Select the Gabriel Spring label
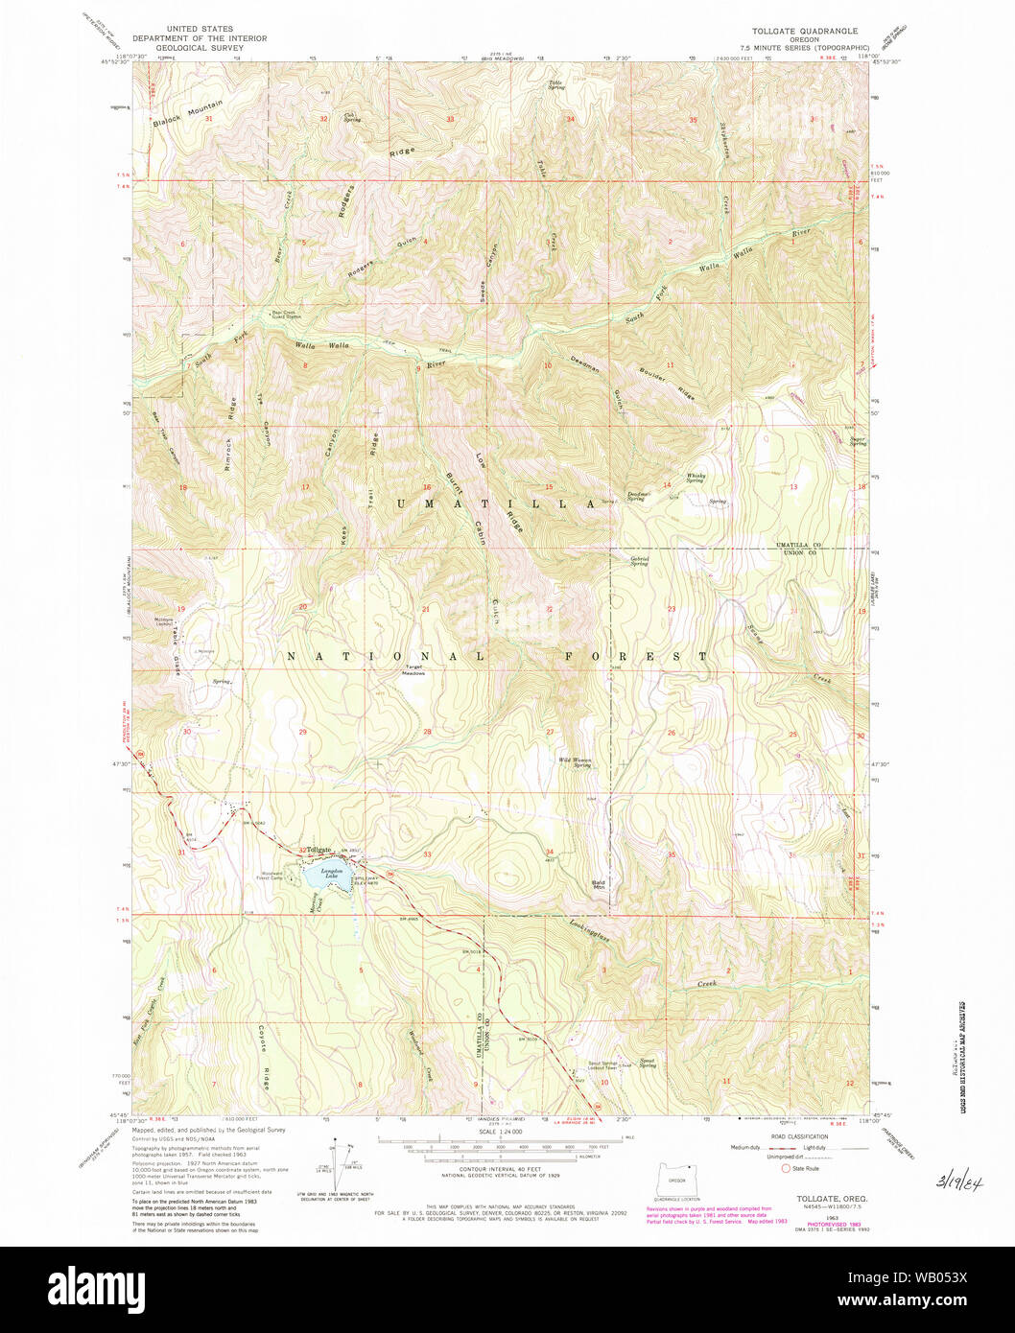click(640, 561)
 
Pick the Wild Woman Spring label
click(576, 762)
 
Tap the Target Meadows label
click(414, 669)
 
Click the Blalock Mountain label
click(187, 114)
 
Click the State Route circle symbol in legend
click(788, 1168)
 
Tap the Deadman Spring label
click(640, 496)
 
